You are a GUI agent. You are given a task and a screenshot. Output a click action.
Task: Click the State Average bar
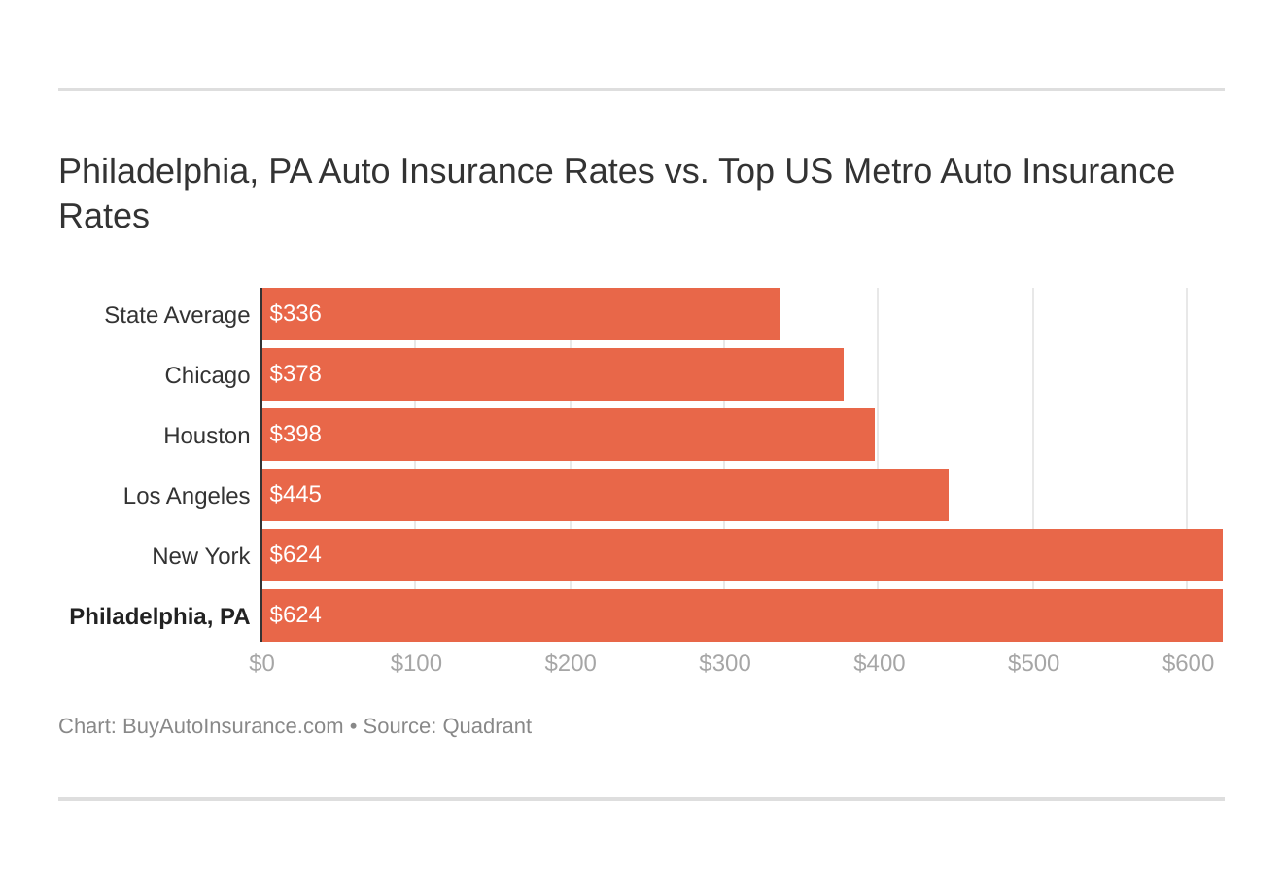click(521, 314)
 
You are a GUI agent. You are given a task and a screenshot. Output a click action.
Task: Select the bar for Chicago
click(553, 374)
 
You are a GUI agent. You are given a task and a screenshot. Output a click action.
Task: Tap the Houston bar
click(569, 435)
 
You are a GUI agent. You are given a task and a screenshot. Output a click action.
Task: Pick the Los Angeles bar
click(606, 495)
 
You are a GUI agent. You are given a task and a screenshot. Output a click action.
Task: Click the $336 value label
click(295, 314)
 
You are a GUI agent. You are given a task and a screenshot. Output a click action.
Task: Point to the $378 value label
click(295, 374)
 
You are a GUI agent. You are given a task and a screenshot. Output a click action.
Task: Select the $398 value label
click(295, 435)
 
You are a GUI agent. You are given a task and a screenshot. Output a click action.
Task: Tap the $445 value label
click(295, 495)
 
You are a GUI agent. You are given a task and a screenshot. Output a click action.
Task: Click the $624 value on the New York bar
click(295, 555)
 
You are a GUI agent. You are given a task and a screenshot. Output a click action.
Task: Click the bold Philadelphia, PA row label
click(159, 616)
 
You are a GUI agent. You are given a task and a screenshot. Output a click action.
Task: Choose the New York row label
click(200, 556)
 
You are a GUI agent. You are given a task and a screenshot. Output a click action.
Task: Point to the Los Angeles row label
click(187, 496)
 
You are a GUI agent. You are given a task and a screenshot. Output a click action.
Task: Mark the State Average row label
click(177, 315)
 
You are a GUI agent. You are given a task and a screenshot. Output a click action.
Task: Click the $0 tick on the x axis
click(261, 663)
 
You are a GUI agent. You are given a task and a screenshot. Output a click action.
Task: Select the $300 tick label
click(725, 663)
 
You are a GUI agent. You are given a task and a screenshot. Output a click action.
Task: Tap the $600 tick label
click(1188, 663)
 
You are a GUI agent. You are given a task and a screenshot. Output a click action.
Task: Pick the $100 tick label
click(416, 663)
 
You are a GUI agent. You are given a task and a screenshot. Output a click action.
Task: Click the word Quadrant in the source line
click(487, 726)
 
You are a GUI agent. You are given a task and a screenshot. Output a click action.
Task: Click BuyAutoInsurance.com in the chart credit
click(232, 726)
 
